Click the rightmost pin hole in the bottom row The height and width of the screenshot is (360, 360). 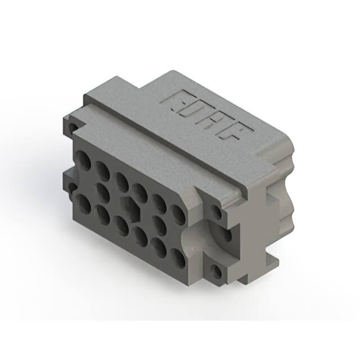click(x=178, y=258)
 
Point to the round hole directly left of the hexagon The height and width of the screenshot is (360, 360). click(x=103, y=191)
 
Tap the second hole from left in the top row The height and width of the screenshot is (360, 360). click(x=102, y=169)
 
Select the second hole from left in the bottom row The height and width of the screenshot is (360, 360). click(x=103, y=214)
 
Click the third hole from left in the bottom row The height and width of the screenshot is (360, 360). click(x=121, y=225)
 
